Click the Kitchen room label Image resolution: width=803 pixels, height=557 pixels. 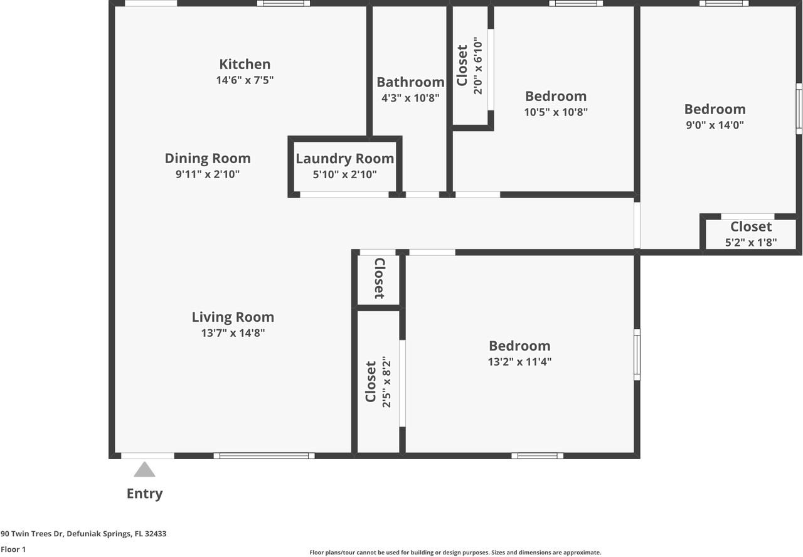245,64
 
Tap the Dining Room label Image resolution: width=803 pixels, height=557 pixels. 208,158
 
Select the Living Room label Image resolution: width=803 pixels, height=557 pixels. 233,317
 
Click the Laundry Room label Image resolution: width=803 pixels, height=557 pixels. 344,159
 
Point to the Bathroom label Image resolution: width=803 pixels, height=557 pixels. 410,82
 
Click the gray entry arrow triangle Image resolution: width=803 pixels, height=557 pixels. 144,470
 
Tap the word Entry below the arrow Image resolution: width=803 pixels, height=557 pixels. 144,494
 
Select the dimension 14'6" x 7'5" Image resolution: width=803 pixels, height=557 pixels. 245,80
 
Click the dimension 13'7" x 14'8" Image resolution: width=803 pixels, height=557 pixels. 233,334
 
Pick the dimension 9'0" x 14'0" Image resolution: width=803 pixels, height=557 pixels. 715,125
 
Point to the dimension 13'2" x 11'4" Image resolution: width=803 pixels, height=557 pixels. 519,362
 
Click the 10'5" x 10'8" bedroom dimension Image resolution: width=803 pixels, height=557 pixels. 556,112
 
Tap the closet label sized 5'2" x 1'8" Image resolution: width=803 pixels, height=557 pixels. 751,227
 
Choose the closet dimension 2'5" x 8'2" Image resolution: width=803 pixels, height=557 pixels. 386,382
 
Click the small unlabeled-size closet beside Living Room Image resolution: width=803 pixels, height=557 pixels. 379,278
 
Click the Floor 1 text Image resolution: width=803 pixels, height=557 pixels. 13,549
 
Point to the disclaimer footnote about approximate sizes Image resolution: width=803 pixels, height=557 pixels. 455,553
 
